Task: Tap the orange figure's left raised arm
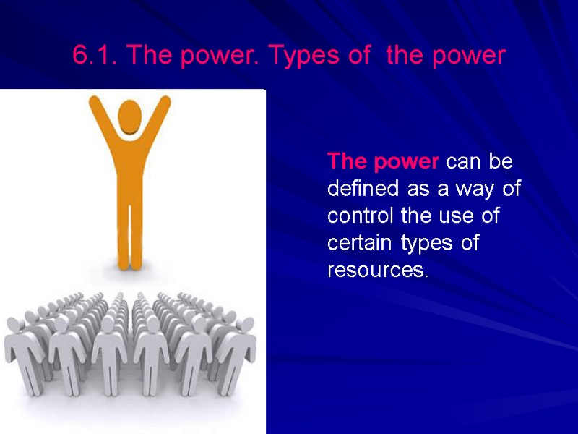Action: point(97,119)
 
